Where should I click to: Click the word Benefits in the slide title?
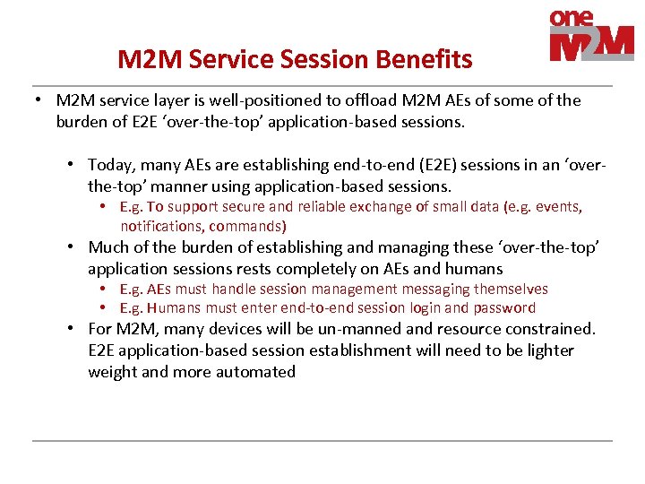[x=427, y=60]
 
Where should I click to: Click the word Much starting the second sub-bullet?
[x=107, y=247]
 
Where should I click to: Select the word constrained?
[x=550, y=329]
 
